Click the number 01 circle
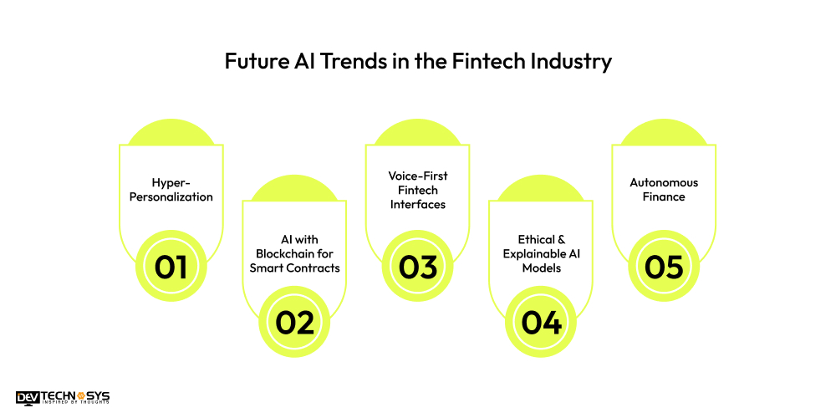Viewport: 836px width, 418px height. point(171,267)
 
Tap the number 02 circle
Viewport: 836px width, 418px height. point(294,321)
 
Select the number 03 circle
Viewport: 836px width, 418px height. point(417,267)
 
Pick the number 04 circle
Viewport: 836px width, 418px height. point(540,321)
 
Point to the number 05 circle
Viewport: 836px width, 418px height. point(664,267)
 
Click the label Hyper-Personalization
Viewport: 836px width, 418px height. point(171,190)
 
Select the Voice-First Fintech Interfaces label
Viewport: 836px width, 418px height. point(417,190)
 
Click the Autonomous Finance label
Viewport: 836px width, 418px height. point(664,190)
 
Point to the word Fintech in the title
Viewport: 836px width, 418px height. point(497,62)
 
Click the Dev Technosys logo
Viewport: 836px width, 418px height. point(62,397)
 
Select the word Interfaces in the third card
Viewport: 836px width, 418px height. point(417,205)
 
